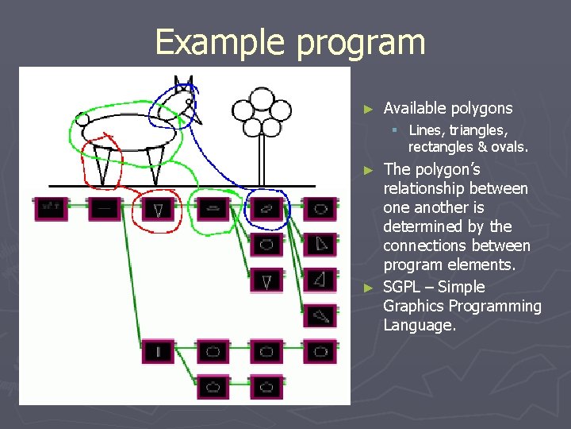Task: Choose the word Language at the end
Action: point(419,325)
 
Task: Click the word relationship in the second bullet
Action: point(425,188)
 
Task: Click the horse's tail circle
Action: point(82,120)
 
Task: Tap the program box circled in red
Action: point(159,210)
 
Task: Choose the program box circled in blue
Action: point(266,209)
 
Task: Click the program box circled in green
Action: point(213,209)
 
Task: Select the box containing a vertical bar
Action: point(159,351)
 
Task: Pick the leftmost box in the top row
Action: point(50,209)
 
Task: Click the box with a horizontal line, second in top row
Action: point(104,209)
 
